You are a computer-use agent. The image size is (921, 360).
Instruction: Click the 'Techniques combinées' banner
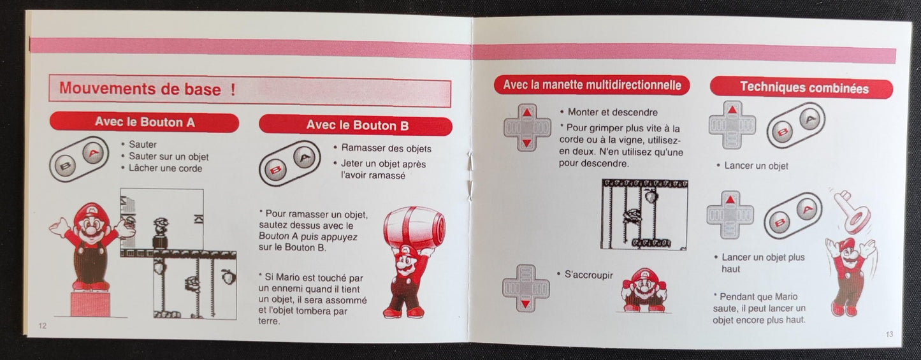point(804,87)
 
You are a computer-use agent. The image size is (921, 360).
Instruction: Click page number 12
point(43,326)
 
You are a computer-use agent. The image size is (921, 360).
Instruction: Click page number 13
point(889,334)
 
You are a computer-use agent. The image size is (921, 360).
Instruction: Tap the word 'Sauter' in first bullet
point(142,145)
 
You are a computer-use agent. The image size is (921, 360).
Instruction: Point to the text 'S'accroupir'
point(588,275)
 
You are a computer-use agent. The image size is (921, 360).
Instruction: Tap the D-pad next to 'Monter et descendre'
point(526,127)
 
